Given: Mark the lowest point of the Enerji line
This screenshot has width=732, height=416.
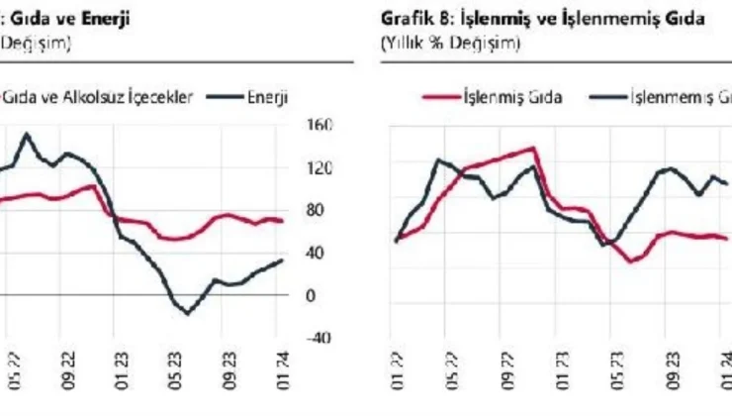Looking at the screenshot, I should (188, 313).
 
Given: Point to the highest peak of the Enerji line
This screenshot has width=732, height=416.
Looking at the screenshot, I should (26, 134).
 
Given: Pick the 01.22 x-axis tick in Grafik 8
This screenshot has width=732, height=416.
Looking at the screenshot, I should (397, 381).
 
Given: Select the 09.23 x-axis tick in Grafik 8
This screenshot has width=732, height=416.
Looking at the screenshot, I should (673, 381).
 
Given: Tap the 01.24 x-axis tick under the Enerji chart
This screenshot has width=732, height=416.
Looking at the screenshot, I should (283, 381).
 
